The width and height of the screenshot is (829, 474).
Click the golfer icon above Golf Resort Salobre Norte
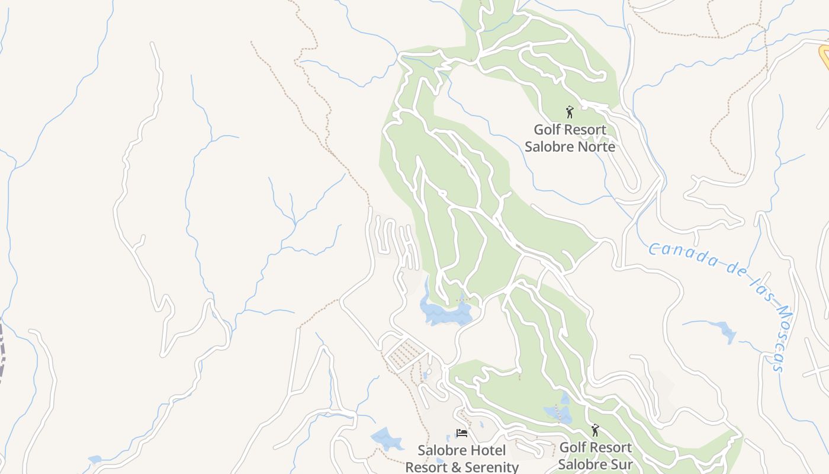click(570, 112)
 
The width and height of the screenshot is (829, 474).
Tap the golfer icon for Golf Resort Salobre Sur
click(595, 430)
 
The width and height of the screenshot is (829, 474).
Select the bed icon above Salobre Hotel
click(462, 433)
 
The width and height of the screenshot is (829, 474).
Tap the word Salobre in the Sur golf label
click(582, 465)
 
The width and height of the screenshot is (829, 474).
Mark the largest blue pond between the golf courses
click(444, 310)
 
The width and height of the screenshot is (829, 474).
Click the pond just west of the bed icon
click(387, 438)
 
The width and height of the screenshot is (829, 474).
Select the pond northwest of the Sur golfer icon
click(558, 412)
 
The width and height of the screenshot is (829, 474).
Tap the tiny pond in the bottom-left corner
click(94, 459)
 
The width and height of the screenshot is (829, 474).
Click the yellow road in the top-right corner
click(824, 56)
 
